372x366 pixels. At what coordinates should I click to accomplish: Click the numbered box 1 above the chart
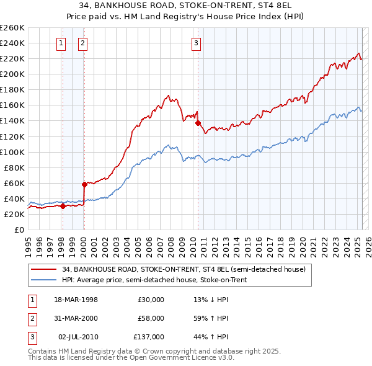click(62, 43)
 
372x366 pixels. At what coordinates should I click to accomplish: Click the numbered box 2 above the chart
click(82, 43)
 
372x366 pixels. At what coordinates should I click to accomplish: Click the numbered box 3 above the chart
click(196, 43)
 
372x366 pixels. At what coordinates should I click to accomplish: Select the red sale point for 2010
click(198, 123)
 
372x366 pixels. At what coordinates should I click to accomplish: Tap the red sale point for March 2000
click(84, 184)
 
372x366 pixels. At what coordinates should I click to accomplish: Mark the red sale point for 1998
click(63, 207)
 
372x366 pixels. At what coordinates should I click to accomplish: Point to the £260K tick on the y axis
click(12, 28)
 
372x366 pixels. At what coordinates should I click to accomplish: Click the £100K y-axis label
click(12, 152)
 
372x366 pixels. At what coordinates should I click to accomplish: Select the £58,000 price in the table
click(151, 318)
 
